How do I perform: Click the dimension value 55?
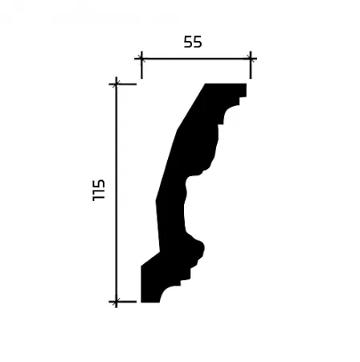pyautogui.click(x=193, y=42)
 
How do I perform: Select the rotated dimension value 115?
pyautogui.click(x=98, y=190)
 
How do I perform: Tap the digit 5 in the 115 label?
pyautogui.click(x=98, y=183)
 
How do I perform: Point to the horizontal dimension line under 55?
pyautogui.click(x=196, y=59)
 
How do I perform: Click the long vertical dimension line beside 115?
pyautogui.click(x=117, y=192)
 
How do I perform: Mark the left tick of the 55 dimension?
pyautogui.click(x=141, y=59)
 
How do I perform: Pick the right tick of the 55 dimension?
pyautogui.click(x=251, y=59)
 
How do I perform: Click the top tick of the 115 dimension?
pyautogui.click(x=117, y=84)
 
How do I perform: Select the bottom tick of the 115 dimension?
pyautogui.click(x=117, y=302)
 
